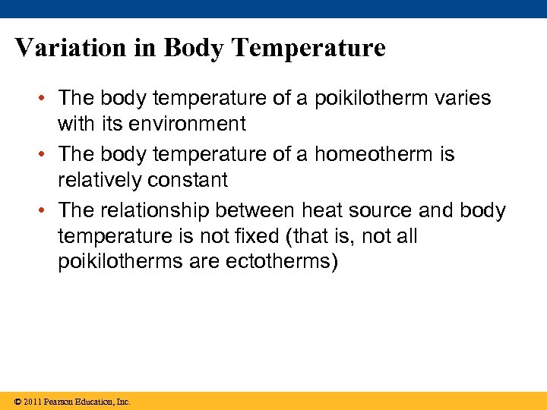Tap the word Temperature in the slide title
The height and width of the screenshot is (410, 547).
pos(308,48)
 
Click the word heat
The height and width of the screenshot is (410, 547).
pos(324,210)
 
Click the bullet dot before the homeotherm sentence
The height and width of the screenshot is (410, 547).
pos(46,155)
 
